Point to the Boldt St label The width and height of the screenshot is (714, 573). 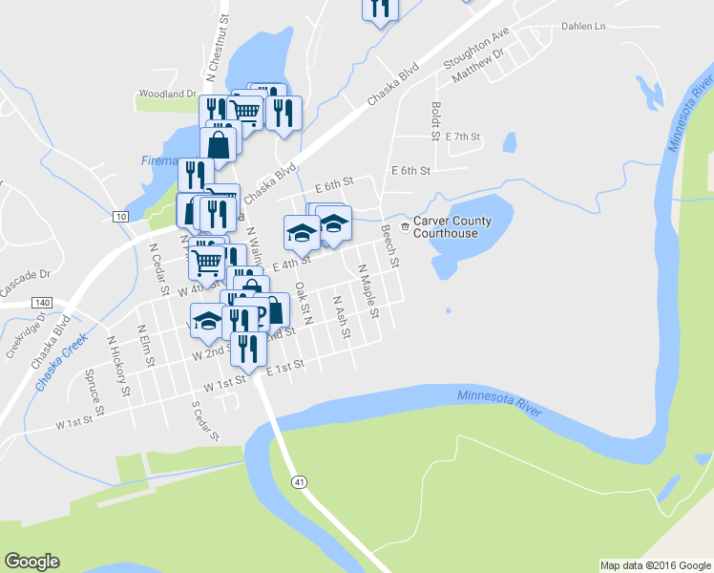(435, 121)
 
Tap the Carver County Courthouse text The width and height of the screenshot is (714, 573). (452, 226)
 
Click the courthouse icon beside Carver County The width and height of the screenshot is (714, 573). (405, 226)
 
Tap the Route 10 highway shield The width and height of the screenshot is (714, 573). (120, 217)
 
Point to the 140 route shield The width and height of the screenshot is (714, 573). (41, 303)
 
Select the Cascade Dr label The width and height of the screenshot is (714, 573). (24, 282)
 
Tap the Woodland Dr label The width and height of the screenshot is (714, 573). (167, 94)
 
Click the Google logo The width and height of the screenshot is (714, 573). (31, 561)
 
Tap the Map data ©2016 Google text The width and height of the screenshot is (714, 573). (654, 565)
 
